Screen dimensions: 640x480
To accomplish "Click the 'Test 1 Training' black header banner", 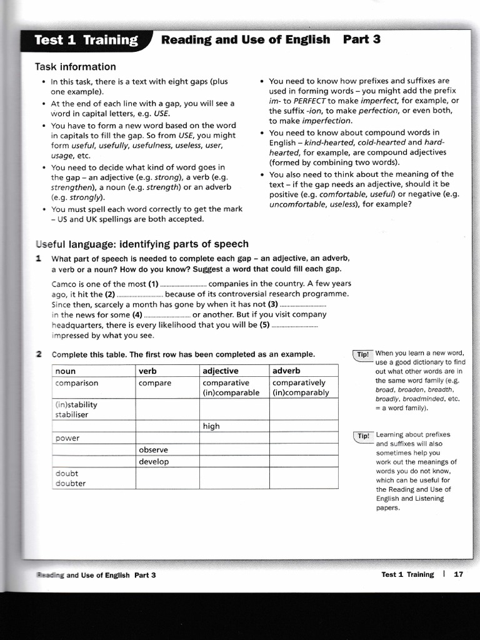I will point(86,41).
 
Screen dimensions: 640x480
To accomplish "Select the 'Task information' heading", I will point(75,67).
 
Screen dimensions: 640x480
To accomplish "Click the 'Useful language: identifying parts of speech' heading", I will point(142,244).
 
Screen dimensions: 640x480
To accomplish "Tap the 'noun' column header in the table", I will point(66,371).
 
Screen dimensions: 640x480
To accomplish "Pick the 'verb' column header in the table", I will point(148,371).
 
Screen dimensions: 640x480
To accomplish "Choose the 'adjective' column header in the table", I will point(221,371).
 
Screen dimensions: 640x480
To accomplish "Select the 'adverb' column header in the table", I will point(286,371).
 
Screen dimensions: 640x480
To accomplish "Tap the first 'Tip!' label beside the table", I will point(363,354).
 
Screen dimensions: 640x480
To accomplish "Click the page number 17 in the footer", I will point(458,574).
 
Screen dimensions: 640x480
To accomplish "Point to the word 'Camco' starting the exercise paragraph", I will point(65,284).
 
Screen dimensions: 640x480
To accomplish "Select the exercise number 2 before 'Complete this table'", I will point(39,354).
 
